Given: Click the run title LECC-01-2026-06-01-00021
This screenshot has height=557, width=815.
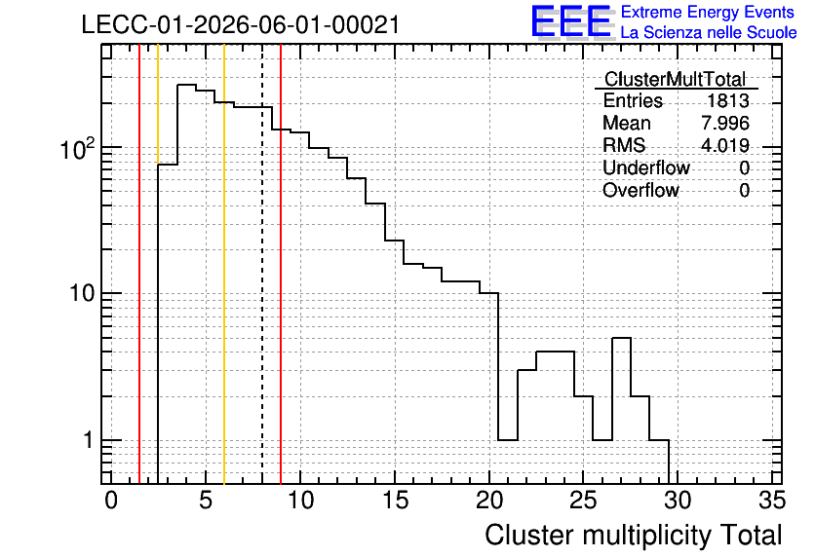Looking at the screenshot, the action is click(x=241, y=24).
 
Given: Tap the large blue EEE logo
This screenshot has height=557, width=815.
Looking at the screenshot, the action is click(x=571, y=21).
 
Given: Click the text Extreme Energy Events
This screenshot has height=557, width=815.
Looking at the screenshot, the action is click(x=708, y=12).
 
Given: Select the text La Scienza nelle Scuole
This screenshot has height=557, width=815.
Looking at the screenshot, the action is click(x=709, y=33).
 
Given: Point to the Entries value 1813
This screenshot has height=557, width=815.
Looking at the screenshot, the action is click(x=727, y=100).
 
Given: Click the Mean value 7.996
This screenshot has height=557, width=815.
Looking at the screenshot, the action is click(x=725, y=123).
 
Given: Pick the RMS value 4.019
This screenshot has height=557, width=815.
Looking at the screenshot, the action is click(x=725, y=145).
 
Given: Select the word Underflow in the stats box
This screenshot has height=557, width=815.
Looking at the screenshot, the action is click(x=646, y=167).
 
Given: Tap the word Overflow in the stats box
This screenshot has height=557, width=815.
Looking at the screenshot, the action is click(x=640, y=190).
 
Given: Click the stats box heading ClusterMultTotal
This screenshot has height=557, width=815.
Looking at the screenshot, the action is click(x=676, y=79).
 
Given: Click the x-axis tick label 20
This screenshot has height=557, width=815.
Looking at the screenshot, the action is click(x=489, y=501).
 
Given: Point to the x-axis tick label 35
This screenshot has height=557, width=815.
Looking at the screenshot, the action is click(x=772, y=501).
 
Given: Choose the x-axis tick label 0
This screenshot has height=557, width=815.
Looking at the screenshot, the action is click(x=111, y=501).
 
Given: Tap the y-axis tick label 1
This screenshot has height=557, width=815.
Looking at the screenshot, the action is click(x=89, y=440).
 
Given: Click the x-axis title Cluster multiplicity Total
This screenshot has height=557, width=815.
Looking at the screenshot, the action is click(x=633, y=536).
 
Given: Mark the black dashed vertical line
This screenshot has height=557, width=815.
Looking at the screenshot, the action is click(x=262, y=264).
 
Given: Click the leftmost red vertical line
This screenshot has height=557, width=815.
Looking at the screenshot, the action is click(x=139, y=264).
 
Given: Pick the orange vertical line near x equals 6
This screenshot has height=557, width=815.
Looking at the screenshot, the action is click(x=224, y=264).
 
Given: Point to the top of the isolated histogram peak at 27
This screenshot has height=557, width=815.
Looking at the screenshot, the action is click(x=621, y=338).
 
